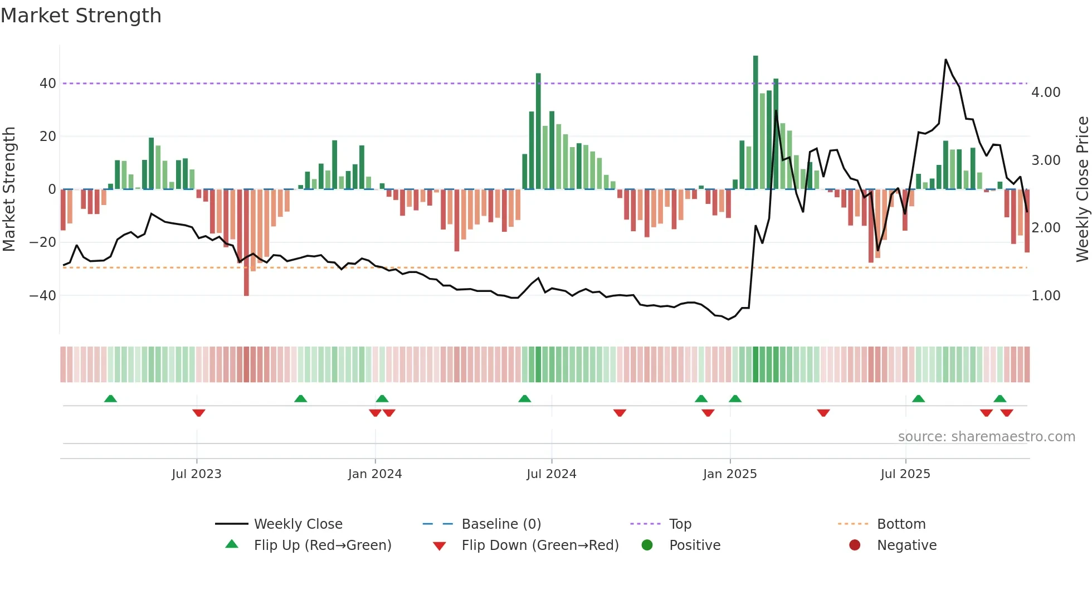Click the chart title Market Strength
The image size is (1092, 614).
pyautogui.click(x=81, y=16)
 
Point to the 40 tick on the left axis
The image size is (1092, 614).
pyautogui.click(x=48, y=84)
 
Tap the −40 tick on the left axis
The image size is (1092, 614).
pyautogui.click(x=43, y=295)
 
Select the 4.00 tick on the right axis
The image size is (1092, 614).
pyautogui.click(x=1046, y=92)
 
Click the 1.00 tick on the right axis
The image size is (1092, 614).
pyautogui.click(x=1046, y=296)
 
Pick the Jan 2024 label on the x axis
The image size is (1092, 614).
pyautogui.click(x=375, y=474)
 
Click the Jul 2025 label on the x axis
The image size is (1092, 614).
pyautogui.click(x=905, y=474)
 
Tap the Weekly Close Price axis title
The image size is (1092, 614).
pyautogui.click(x=1082, y=189)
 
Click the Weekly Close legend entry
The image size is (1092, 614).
pyautogui.click(x=298, y=524)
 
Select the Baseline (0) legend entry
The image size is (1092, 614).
pyautogui.click(x=501, y=524)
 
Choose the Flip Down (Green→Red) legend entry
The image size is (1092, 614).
pyautogui.click(x=540, y=545)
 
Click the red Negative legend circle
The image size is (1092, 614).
pyautogui.click(x=855, y=545)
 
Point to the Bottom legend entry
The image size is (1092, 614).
pyautogui.click(x=901, y=524)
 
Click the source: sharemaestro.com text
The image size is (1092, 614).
pyautogui.click(x=986, y=437)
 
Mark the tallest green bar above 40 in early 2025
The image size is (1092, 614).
pyautogui.click(x=755, y=123)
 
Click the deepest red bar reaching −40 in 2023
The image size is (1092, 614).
pyautogui.click(x=246, y=242)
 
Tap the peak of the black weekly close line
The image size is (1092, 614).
pyautogui.click(x=945, y=60)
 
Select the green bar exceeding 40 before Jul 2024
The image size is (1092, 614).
pyautogui.click(x=538, y=131)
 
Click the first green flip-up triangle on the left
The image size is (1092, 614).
pyautogui.click(x=110, y=398)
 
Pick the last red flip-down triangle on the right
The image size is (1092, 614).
pyautogui.click(x=1006, y=413)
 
